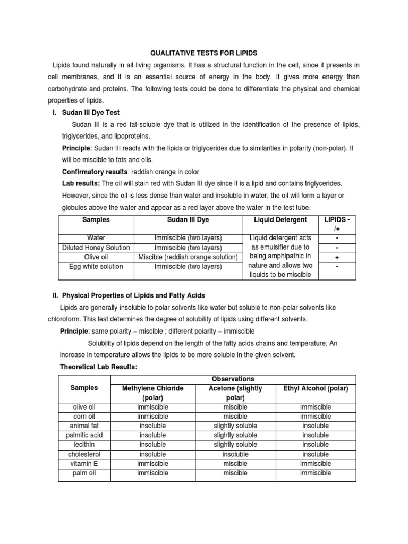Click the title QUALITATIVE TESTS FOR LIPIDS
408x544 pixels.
click(x=205, y=53)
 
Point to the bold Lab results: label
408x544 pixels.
click(x=81, y=183)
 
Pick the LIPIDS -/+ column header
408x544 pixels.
click(x=337, y=224)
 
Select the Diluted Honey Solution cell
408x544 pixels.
click(x=95, y=248)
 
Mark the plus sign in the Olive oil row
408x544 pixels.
click(x=337, y=257)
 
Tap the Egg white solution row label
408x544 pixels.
click(x=95, y=267)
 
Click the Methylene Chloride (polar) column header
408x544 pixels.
click(x=153, y=393)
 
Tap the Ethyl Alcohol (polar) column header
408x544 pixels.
click(x=315, y=388)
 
